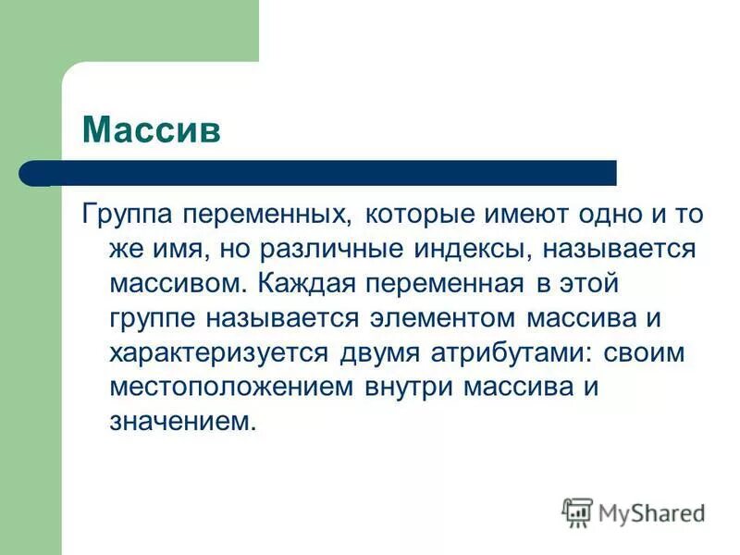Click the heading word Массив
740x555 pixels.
pyautogui.click(x=152, y=129)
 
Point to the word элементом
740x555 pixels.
pyautogui.click(x=442, y=317)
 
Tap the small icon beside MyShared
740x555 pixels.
pyautogui.click(x=577, y=512)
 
